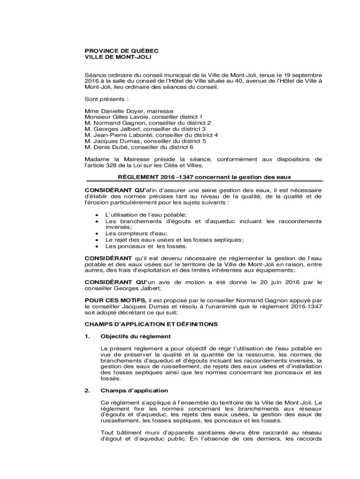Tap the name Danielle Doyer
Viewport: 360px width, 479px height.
pyautogui.click(x=120, y=111)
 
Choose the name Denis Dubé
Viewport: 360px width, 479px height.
pyautogui.click(x=108, y=147)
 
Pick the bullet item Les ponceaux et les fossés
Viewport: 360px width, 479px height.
pyautogui.click(x=146, y=246)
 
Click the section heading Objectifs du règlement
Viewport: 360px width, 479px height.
pyautogui.click(x=136, y=336)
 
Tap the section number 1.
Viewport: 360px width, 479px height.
pyautogui.click(x=87, y=336)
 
